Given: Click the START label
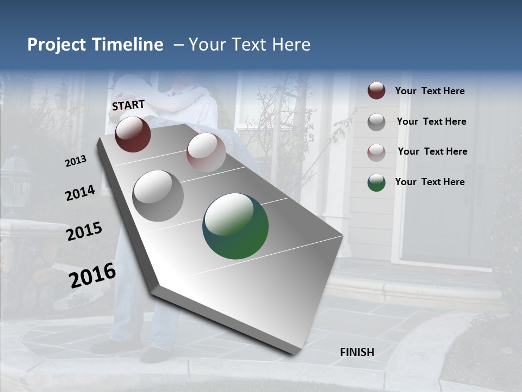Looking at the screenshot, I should pos(128,105).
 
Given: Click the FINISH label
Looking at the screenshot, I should pos(357,352).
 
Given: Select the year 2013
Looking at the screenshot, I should pos(76,161).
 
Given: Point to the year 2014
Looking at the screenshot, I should pos(80,193).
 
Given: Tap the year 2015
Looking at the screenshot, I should pos(84,231).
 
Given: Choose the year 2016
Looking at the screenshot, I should pos(92,275).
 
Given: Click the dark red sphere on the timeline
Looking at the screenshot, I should pos(133,134).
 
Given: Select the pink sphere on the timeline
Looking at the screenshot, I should pos(206,152).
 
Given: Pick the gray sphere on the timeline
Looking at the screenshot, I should pos(158,196).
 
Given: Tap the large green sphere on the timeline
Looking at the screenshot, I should pos(235,226).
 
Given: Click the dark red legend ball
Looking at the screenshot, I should pos(376,90).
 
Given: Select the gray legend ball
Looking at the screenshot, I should pos(376,122).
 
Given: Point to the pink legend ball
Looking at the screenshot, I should pos(376,152).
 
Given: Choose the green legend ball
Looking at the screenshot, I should pos(376,182).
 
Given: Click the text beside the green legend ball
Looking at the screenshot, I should pos(430,182).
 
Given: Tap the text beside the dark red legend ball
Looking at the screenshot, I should pos(430,91).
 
